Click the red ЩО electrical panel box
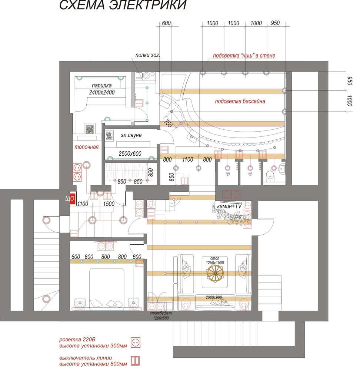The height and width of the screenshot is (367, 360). click(x=73, y=198)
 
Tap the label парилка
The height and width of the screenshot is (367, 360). click(x=101, y=85)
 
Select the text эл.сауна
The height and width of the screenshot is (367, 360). click(x=131, y=135)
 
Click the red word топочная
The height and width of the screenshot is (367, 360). click(x=87, y=147)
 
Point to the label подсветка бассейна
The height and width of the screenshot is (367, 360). click(x=240, y=101)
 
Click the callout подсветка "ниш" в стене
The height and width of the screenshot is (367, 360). click(x=244, y=56)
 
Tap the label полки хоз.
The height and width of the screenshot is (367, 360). click(x=148, y=55)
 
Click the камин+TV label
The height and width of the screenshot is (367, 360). click(x=229, y=206)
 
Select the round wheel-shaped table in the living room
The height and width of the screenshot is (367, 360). click(x=215, y=273)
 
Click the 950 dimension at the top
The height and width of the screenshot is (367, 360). click(x=275, y=23)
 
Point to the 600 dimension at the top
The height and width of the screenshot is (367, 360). click(x=166, y=23)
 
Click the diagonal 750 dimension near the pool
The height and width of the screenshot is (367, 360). click(x=168, y=123)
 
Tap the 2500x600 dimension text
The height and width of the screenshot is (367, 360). click(x=130, y=153)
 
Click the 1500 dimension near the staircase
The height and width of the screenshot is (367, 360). click(x=109, y=204)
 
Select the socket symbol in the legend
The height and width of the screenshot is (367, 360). click(x=136, y=343)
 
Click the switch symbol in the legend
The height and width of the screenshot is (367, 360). click(x=136, y=361)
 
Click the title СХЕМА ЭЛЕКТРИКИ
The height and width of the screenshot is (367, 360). click(x=123, y=5)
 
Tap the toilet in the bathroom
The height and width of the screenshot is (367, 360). click(x=271, y=176)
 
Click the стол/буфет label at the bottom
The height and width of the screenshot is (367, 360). click(x=161, y=313)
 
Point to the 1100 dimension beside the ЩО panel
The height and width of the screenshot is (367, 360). click(x=83, y=204)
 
